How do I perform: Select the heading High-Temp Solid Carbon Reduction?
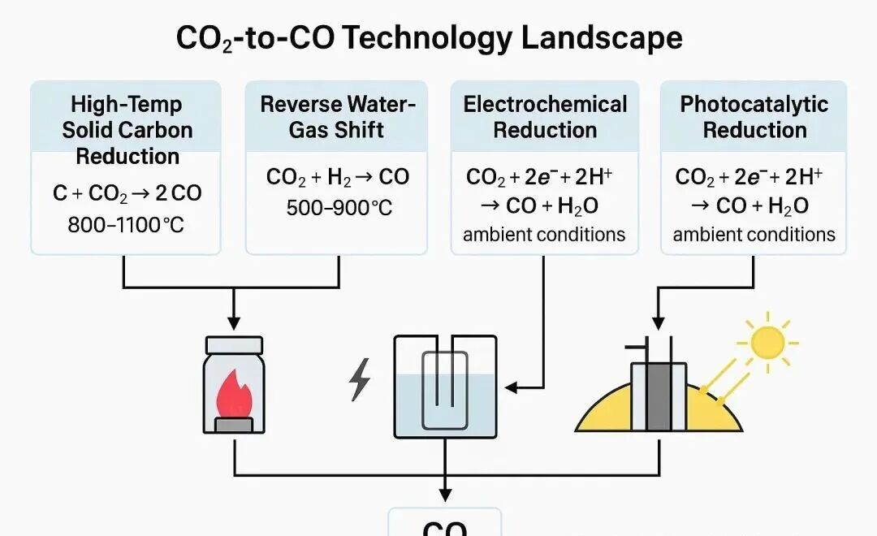click(x=127, y=130)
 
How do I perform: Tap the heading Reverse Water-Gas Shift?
click(x=337, y=117)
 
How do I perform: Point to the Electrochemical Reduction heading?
click(x=545, y=117)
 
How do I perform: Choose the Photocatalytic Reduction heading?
click(x=754, y=117)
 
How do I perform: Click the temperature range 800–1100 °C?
click(x=127, y=223)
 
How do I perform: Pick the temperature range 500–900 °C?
click(x=339, y=208)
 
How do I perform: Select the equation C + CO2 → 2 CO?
click(x=127, y=193)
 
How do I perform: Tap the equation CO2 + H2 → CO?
click(x=338, y=177)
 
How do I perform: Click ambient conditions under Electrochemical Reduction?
click(x=544, y=236)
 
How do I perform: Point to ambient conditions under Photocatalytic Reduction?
click(x=754, y=236)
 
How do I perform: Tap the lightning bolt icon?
click(x=359, y=380)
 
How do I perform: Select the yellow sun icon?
click(x=766, y=342)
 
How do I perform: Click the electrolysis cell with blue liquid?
click(x=444, y=386)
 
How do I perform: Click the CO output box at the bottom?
click(x=444, y=524)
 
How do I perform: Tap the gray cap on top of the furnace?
click(x=234, y=345)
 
